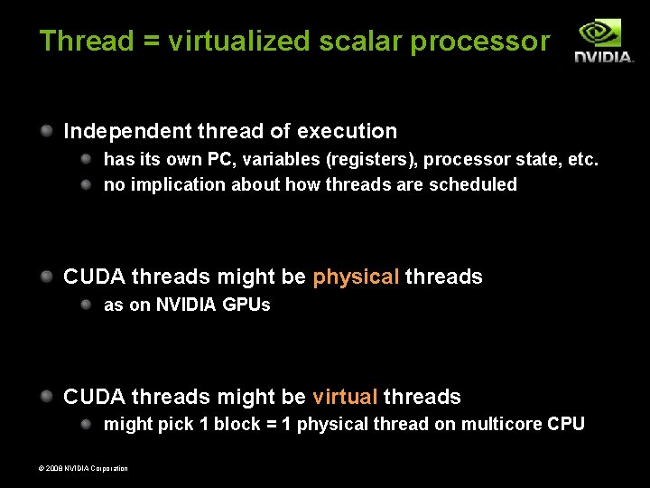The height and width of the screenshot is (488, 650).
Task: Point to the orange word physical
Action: coord(356,277)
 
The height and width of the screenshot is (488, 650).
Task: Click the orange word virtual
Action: coord(345,397)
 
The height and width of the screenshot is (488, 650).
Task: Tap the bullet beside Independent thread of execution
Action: coord(47,130)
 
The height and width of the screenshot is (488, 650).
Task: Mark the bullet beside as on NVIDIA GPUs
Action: coord(87,305)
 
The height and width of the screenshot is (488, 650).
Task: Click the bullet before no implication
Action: coord(87,184)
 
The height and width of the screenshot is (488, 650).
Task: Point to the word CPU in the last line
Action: coord(566,424)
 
